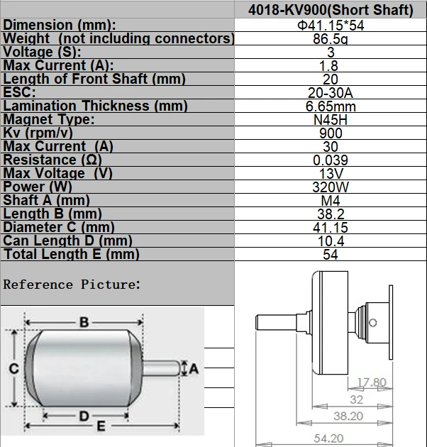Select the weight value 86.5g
(x=330, y=39)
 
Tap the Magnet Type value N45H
(x=330, y=119)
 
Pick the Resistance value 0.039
(x=330, y=160)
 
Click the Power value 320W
(x=330, y=187)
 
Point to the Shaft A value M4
(x=330, y=200)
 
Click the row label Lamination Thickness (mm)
(x=96, y=106)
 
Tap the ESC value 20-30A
(x=330, y=92)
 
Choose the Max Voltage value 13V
(x=330, y=173)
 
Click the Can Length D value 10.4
(x=330, y=241)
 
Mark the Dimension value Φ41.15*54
(x=330, y=26)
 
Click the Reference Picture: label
(x=72, y=285)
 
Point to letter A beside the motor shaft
(x=193, y=368)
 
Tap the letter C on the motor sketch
(x=13, y=368)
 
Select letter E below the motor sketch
(x=101, y=427)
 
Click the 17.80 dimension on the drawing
(x=371, y=382)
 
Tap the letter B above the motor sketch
(x=84, y=323)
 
